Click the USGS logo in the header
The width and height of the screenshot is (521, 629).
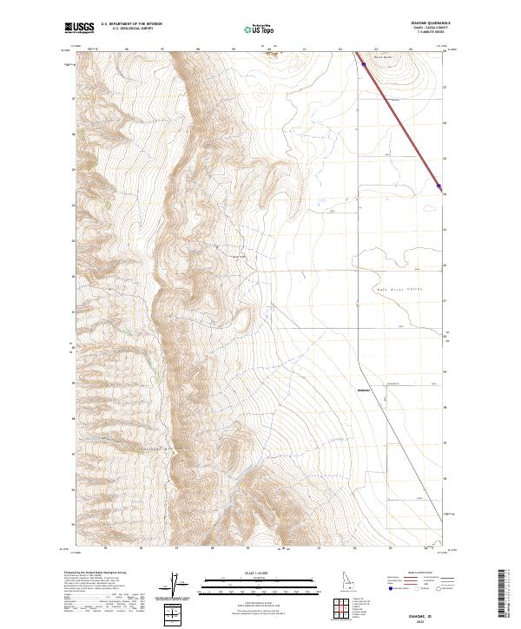(80, 28)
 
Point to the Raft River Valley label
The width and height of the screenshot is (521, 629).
(399, 288)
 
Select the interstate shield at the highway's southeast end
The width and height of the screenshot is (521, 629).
(439, 186)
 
